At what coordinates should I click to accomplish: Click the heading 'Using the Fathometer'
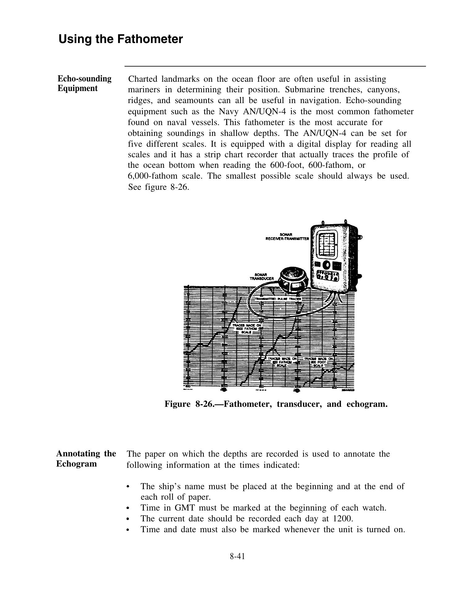click(x=121, y=39)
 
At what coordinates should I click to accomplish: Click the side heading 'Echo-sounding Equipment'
click(x=84, y=83)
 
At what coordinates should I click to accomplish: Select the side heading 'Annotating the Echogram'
click(x=86, y=459)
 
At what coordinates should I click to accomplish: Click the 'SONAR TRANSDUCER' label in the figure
click(x=261, y=276)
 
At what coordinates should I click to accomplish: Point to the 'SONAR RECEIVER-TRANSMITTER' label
click(x=287, y=237)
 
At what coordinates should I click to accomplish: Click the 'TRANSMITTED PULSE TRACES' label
click(x=278, y=299)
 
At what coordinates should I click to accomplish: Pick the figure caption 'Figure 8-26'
click(x=276, y=404)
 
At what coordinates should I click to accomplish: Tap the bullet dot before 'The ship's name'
click(x=128, y=487)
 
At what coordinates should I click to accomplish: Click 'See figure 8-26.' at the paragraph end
click(x=158, y=187)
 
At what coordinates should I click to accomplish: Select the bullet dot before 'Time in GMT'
click(x=128, y=508)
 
